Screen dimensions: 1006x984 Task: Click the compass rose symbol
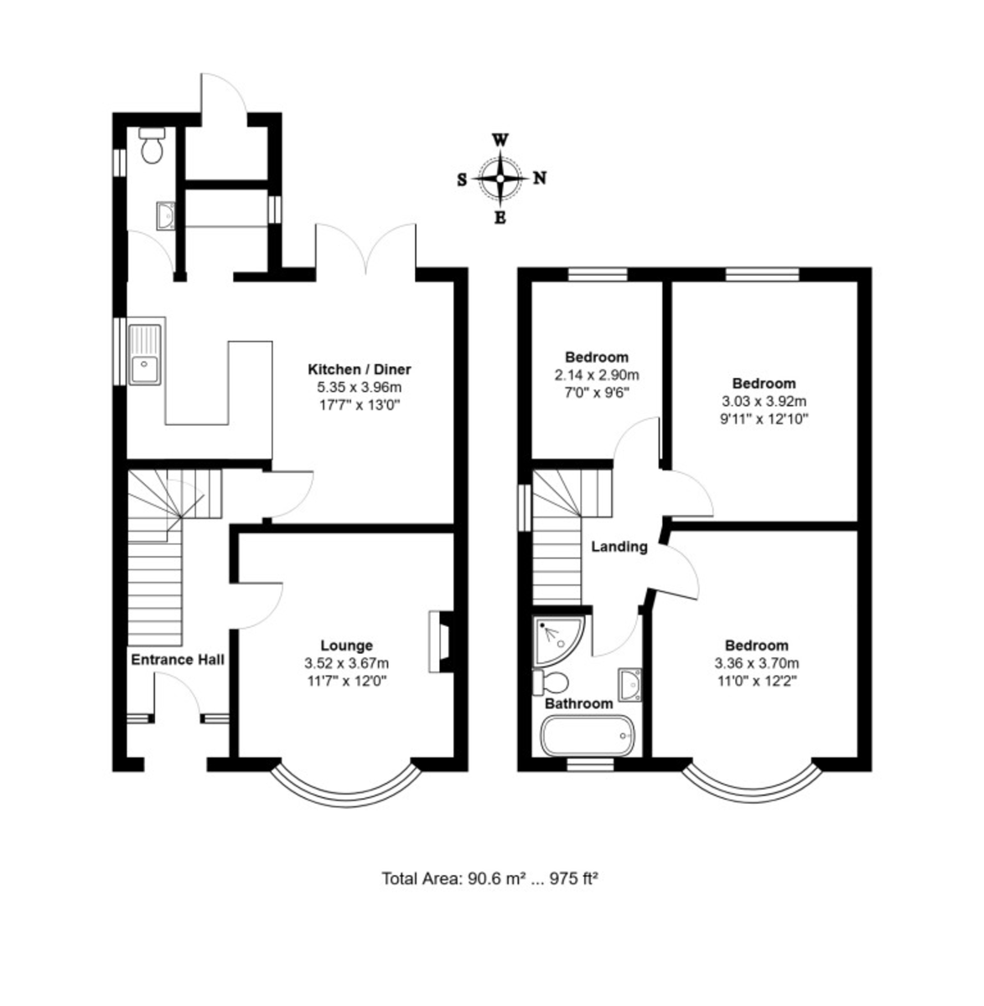point(500,178)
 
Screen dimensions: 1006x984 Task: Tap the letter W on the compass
point(500,139)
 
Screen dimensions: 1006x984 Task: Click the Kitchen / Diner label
point(360,369)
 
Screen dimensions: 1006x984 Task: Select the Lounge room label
point(346,646)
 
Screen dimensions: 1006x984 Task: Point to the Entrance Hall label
point(178,660)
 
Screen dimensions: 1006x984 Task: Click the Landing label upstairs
point(619,547)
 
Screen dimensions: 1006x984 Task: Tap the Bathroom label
point(578,703)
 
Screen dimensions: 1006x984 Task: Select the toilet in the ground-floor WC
point(152,146)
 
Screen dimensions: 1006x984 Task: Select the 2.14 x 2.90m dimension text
point(596,375)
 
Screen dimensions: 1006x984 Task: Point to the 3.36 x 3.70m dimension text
point(756,663)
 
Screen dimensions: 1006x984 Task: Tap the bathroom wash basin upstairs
point(629,683)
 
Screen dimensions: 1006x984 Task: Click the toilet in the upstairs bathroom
point(553,681)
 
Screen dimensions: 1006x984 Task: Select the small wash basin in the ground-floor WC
point(165,215)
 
